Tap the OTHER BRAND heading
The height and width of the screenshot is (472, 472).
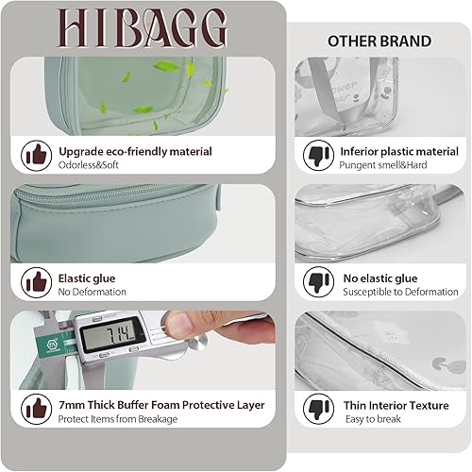(x=379, y=42)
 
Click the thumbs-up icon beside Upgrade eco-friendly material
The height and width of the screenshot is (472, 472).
(x=37, y=154)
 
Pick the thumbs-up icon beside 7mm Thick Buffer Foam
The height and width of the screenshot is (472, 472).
(x=37, y=408)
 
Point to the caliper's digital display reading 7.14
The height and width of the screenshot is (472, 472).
(x=111, y=336)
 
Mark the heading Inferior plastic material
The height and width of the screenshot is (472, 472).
(x=398, y=150)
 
